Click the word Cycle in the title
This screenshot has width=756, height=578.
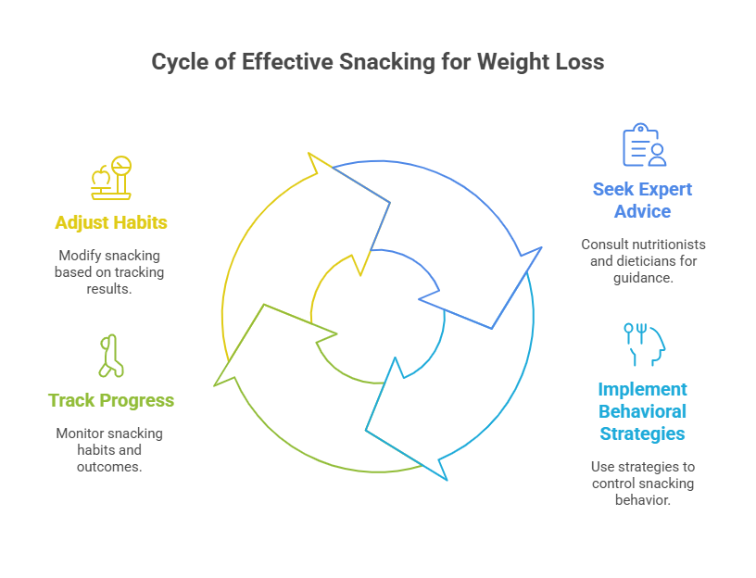[x=179, y=62]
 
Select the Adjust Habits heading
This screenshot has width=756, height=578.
[x=111, y=222]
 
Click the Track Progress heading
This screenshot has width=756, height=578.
[x=111, y=400]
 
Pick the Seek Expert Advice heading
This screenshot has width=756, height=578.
[x=643, y=200]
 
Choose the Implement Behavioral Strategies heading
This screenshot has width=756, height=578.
[x=643, y=410]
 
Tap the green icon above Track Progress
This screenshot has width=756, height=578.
[x=112, y=356]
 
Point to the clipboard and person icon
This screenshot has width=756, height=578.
[x=643, y=144]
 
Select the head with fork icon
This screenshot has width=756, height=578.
[x=643, y=343]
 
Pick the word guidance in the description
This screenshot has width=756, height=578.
[x=640, y=278]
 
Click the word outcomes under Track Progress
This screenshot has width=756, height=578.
[x=110, y=467]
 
